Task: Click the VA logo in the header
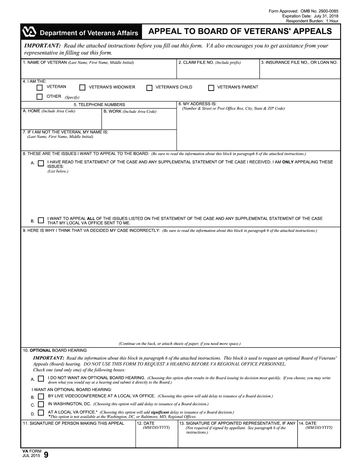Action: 30,33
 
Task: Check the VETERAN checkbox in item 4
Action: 39,88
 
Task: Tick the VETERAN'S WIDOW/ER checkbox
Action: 82,88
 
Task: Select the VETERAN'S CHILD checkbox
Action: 149,88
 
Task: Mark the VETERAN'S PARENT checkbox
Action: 211,88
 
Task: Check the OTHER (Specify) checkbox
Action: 39,97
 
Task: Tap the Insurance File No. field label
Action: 299,63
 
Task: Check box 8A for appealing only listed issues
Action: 41,163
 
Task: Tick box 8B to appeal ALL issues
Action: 41,220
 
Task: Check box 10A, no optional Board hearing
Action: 41,378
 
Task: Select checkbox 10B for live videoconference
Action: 41,397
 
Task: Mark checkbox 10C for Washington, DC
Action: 41,405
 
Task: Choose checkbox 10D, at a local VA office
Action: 41,413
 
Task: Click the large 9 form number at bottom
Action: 46,455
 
